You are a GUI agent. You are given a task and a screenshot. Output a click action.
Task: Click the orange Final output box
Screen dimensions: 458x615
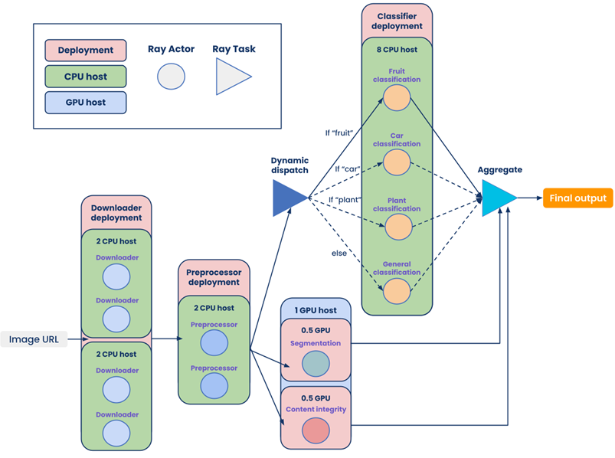tap(578, 198)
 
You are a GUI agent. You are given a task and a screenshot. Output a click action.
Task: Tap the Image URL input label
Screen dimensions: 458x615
tap(34, 339)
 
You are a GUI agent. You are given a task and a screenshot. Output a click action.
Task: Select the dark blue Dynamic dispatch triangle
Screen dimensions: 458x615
tap(287, 198)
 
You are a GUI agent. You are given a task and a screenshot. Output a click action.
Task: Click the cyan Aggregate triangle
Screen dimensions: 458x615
tap(498, 198)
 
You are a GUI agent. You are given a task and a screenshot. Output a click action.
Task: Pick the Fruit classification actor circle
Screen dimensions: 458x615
tap(397, 98)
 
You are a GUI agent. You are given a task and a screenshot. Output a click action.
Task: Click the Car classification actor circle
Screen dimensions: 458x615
tap(397, 162)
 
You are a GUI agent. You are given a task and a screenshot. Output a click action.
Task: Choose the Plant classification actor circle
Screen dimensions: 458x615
tap(397, 227)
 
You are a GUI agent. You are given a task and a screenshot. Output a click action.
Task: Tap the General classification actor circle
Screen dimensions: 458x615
tap(397, 291)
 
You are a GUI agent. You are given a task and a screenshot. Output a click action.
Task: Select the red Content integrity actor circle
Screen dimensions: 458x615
tap(315, 430)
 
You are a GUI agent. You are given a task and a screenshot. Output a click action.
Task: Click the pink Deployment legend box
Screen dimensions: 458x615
tap(86, 51)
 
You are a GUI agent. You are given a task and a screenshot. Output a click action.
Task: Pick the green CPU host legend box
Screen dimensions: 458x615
tap(86, 77)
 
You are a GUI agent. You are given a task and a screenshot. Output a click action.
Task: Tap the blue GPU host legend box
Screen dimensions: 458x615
tap(86, 103)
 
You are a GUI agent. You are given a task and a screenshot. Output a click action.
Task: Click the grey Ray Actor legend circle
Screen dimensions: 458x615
tap(171, 77)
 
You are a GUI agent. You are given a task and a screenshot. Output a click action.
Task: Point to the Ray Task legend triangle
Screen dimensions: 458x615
tap(231, 77)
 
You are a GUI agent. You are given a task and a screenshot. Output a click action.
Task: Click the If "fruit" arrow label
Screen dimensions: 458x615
tap(338, 132)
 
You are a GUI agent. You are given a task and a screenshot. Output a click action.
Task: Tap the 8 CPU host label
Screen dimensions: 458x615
tap(397, 50)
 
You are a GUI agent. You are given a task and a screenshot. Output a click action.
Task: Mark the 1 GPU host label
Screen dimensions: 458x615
tap(315, 310)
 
